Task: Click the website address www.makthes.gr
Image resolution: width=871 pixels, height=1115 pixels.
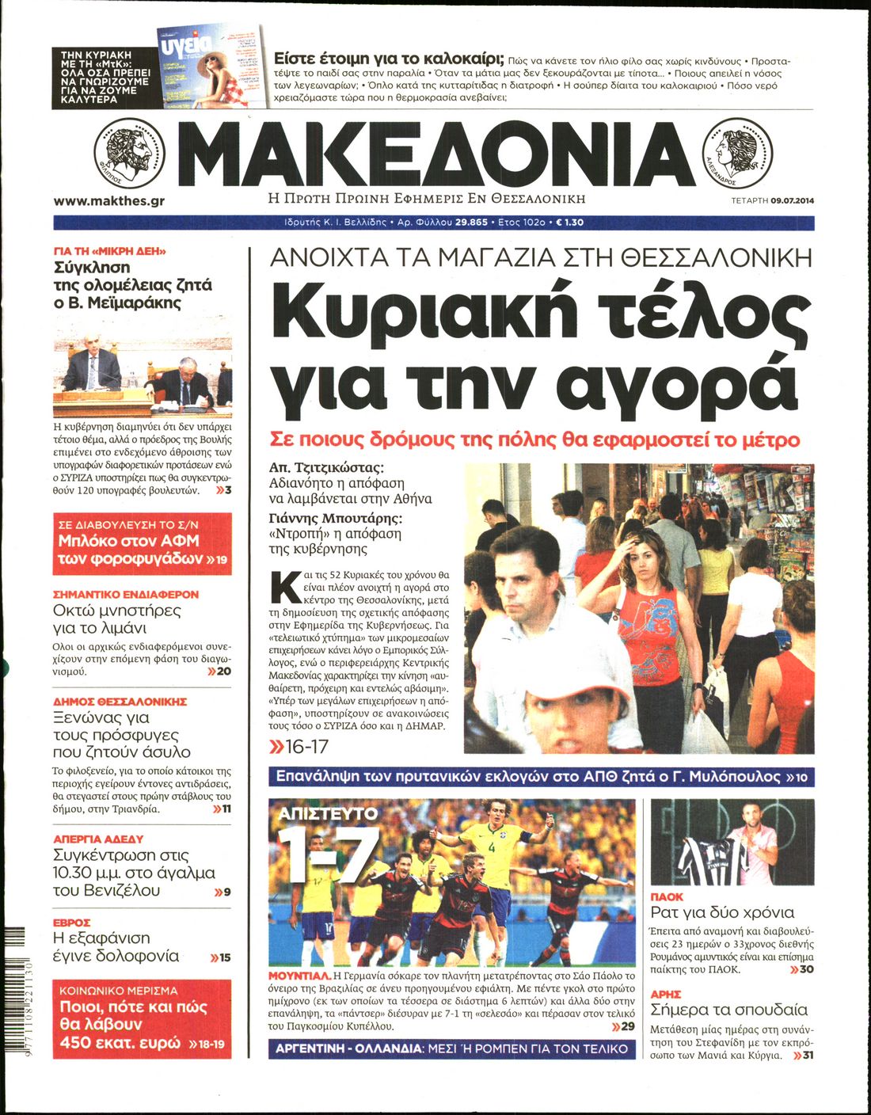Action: coord(109,201)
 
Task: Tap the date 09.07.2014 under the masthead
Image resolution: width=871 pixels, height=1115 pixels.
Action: coord(793,200)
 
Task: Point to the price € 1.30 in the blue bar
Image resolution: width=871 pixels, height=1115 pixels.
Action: coord(570,223)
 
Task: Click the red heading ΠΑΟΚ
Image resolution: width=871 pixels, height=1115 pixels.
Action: coord(666,896)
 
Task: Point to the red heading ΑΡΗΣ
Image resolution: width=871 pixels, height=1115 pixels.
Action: coord(665,994)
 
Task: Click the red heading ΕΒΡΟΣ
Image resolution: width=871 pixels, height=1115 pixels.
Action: coord(72,923)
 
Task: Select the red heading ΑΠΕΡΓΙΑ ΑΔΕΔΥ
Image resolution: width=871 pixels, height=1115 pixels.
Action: coord(98,839)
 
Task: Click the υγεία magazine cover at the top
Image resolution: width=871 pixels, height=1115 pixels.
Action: coord(209,67)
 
